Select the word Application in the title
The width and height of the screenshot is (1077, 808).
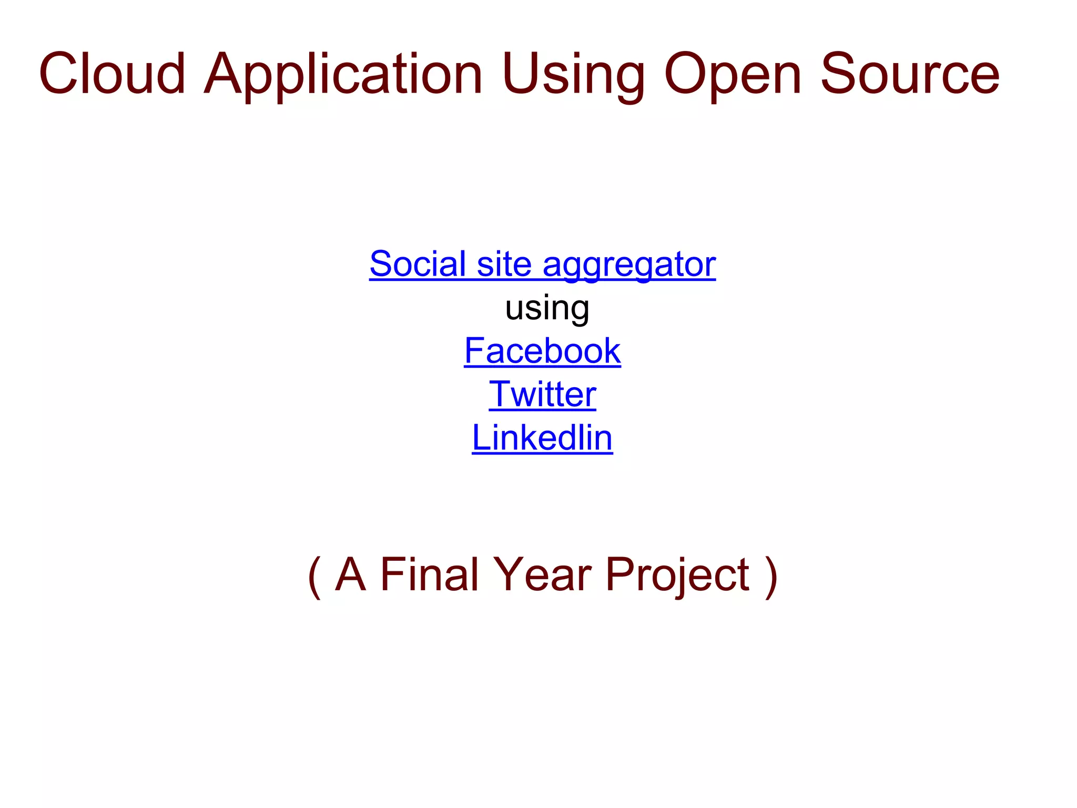pyautogui.click(x=343, y=75)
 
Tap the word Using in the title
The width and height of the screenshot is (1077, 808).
pyautogui.click(x=574, y=75)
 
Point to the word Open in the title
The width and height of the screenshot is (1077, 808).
pyautogui.click(x=733, y=75)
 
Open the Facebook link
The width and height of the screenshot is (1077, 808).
pyautogui.click(x=542, y=351)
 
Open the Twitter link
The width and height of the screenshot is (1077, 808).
pyautogui.click(x=542, y=394)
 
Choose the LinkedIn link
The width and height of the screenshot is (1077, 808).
pyautogui.click(x=542, y=438)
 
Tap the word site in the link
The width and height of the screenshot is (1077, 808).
pyautogui.click(x=503, y=264)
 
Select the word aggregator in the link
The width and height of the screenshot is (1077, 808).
pyautogui.click(x=629, y=265)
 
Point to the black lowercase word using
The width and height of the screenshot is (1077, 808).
pyautogui.click(x=547, y=308)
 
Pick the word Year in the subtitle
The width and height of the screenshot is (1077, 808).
pyautogui.click(x=542, y=574)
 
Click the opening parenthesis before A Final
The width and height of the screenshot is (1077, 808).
pyautogui.click(x=314, y=576)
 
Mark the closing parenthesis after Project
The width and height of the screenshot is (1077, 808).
pyautogui.click(x=771, y=576)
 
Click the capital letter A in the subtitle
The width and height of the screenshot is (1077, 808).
pyautogui.click(x=350, y=574)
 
